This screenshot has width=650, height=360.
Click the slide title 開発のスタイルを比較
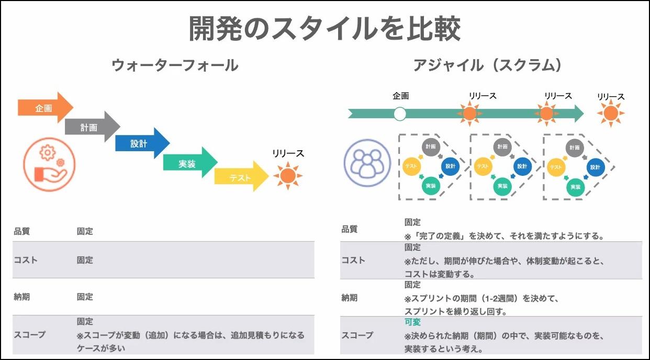tap(324, 29)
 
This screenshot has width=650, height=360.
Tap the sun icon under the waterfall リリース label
tap(287, 176)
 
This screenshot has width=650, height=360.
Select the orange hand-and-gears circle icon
tap(49, 164)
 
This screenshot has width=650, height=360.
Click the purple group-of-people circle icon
tap(367, 162)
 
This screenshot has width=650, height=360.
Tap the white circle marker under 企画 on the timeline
tap(400, 114)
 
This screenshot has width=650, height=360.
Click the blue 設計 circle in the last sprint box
tap(595, 167)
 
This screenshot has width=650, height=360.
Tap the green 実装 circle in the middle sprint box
tap(502, 186)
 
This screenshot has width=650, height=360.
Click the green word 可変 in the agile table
tap(412, 322)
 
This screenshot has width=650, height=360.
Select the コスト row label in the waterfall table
tap(26, 260)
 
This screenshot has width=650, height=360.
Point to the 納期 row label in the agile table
tap(350, 298)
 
